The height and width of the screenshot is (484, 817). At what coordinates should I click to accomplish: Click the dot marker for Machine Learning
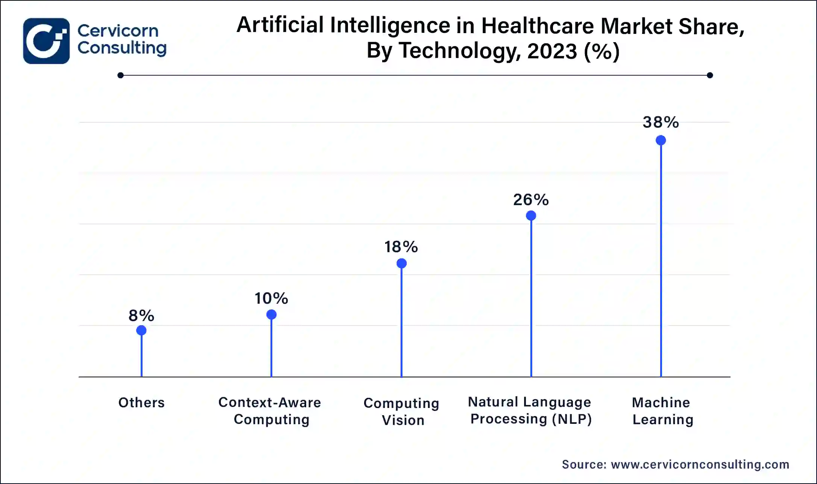661,140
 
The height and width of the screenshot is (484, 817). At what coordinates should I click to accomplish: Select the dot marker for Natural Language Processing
531,216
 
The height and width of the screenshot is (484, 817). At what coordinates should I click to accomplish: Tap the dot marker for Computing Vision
401,263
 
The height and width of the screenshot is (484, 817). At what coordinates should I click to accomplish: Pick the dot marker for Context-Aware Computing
271,315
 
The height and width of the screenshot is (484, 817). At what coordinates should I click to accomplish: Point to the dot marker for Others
141,330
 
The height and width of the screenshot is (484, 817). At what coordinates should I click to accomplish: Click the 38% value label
661,122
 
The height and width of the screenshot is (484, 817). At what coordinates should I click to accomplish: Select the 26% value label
531,200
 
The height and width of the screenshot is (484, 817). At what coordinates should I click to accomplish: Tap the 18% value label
401,247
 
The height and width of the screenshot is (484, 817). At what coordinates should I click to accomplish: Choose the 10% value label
271,298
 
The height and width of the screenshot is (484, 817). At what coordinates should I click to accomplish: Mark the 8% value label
141,316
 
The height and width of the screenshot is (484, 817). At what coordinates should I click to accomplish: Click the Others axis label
141,403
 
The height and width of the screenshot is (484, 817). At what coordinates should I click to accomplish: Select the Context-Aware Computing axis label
270,411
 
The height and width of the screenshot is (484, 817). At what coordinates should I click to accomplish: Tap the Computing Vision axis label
401,411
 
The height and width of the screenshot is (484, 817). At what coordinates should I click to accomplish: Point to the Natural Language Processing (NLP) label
530,411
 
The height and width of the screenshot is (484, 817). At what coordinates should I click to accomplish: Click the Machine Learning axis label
662,411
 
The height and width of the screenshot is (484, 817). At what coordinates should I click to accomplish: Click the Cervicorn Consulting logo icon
46,41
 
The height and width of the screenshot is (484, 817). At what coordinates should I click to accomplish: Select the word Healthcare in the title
537,26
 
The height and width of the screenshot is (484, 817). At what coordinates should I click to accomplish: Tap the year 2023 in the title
552,51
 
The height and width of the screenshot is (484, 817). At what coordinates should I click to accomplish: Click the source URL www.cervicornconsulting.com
700,464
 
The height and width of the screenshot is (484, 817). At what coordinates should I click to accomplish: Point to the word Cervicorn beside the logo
118,31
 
